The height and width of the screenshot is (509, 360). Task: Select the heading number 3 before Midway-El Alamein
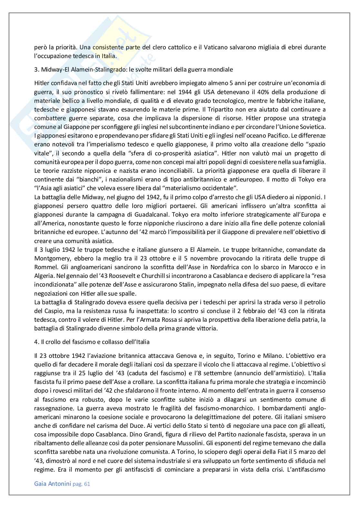pyautogui.click(x=36, y=69)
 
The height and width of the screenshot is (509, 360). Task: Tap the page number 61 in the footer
pyautogui.click(x=86, y=484)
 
